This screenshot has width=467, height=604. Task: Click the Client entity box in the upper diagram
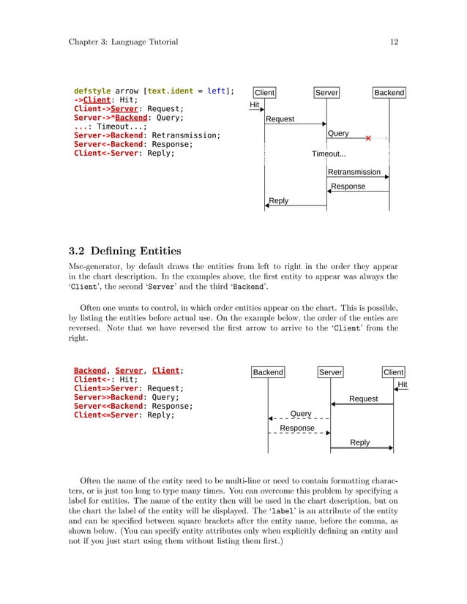click(x=264, y=93)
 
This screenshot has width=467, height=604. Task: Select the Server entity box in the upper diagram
click(x=326, y=93)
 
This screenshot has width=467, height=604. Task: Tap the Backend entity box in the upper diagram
click(x=389, y=93)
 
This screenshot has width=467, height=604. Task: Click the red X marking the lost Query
click(x=368, y=137)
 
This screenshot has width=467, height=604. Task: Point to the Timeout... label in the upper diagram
click(x=329, y=154)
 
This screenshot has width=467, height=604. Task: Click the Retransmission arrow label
click(x=354, y=172)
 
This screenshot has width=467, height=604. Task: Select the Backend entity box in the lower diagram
click(x=268, y=372)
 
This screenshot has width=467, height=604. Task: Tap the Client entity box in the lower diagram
click(x=394, y=372)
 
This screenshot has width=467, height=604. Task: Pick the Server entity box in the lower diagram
click(x=330, y=372)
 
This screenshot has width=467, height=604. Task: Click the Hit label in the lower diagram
click(x=402, y=384)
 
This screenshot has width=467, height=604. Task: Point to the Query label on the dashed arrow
click(x=301, y=413)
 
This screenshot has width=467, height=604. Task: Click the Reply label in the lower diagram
click(x=360, y=442)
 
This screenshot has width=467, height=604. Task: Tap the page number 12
click(x=394, y=42)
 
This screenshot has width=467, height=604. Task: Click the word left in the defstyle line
click(x=217, y=91)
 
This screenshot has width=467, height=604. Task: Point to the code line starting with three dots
click(x=110, y=127)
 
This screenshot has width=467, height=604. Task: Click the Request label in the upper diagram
click(x=280, y=118)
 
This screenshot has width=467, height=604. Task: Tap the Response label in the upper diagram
click(x=348, y=186)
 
